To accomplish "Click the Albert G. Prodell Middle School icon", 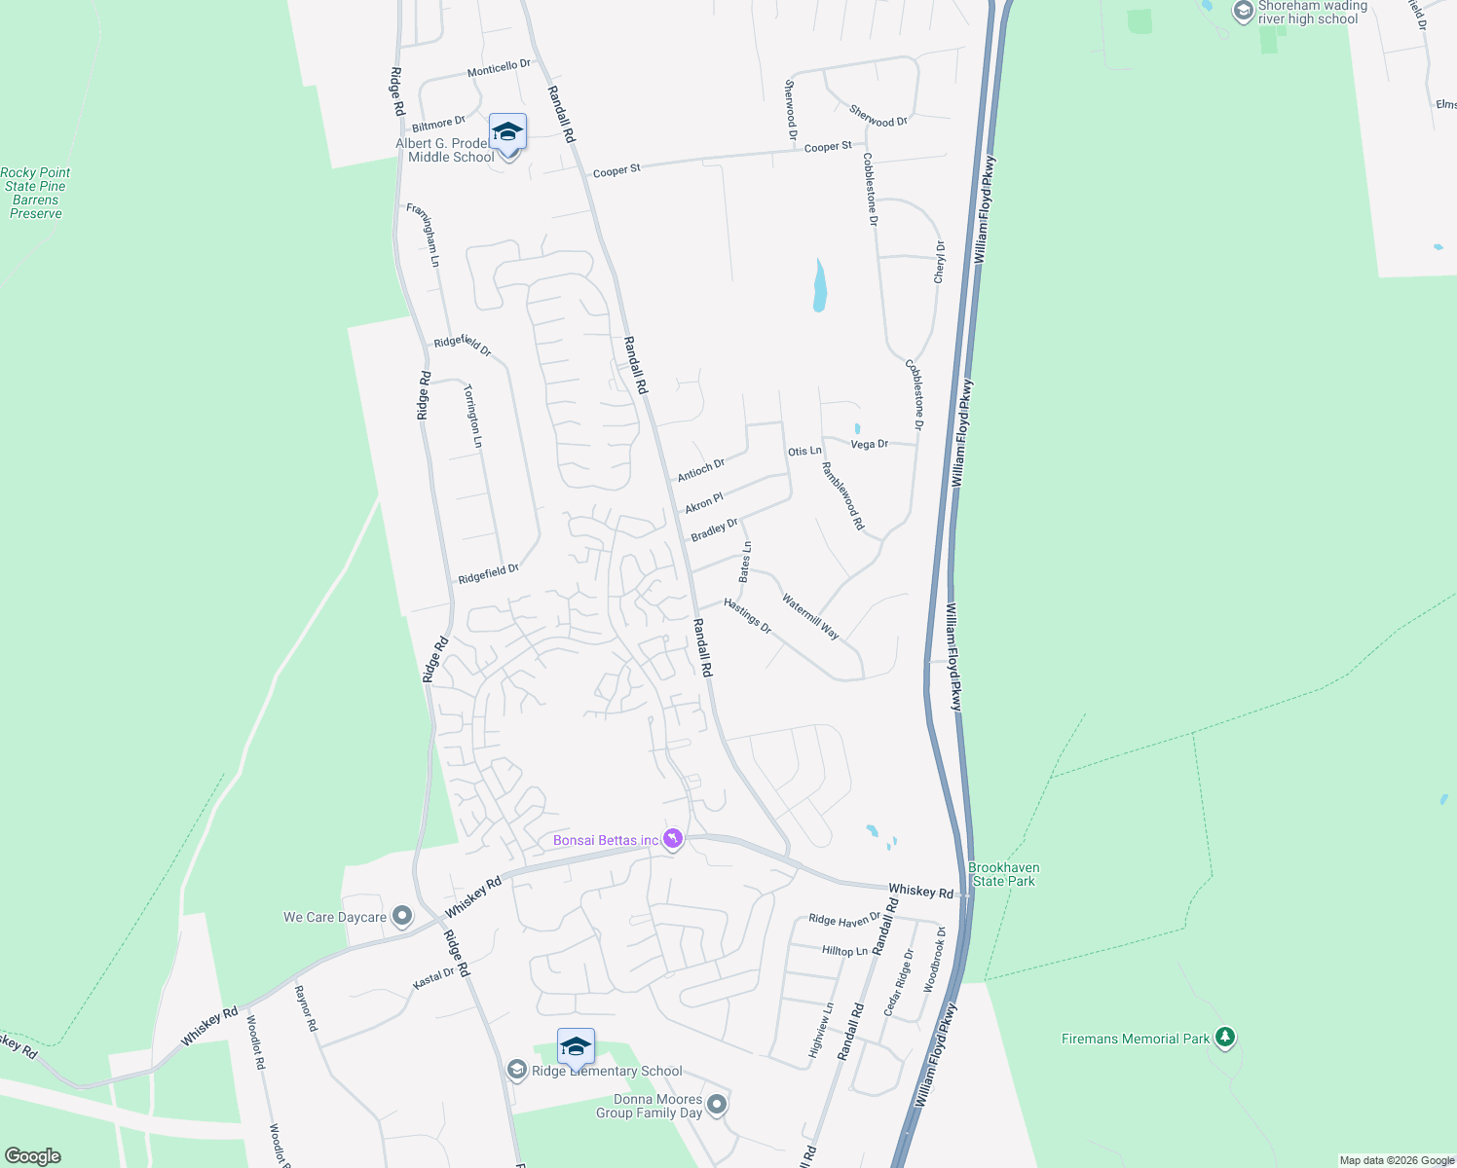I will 507,132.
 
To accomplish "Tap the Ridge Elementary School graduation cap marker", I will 576,1047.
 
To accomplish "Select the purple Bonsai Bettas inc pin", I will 672,838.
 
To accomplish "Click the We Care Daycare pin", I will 401,916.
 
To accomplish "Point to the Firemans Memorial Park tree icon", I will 1225,1038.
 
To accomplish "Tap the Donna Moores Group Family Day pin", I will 717,1104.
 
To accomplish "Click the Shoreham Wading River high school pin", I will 1243,12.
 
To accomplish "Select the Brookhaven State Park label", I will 1004,874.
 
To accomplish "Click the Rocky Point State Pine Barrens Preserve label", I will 35,193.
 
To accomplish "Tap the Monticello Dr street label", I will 499,68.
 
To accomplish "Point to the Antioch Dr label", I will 701,469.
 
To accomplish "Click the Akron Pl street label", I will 704,503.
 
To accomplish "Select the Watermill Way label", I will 810,616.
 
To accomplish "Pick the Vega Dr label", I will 869,444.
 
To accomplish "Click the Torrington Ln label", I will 472,417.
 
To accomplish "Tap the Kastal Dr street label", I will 433,978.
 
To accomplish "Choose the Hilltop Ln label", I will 844,951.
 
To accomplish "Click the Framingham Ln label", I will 423,235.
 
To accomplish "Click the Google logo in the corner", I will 33,1155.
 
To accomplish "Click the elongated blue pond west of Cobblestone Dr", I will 820,286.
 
